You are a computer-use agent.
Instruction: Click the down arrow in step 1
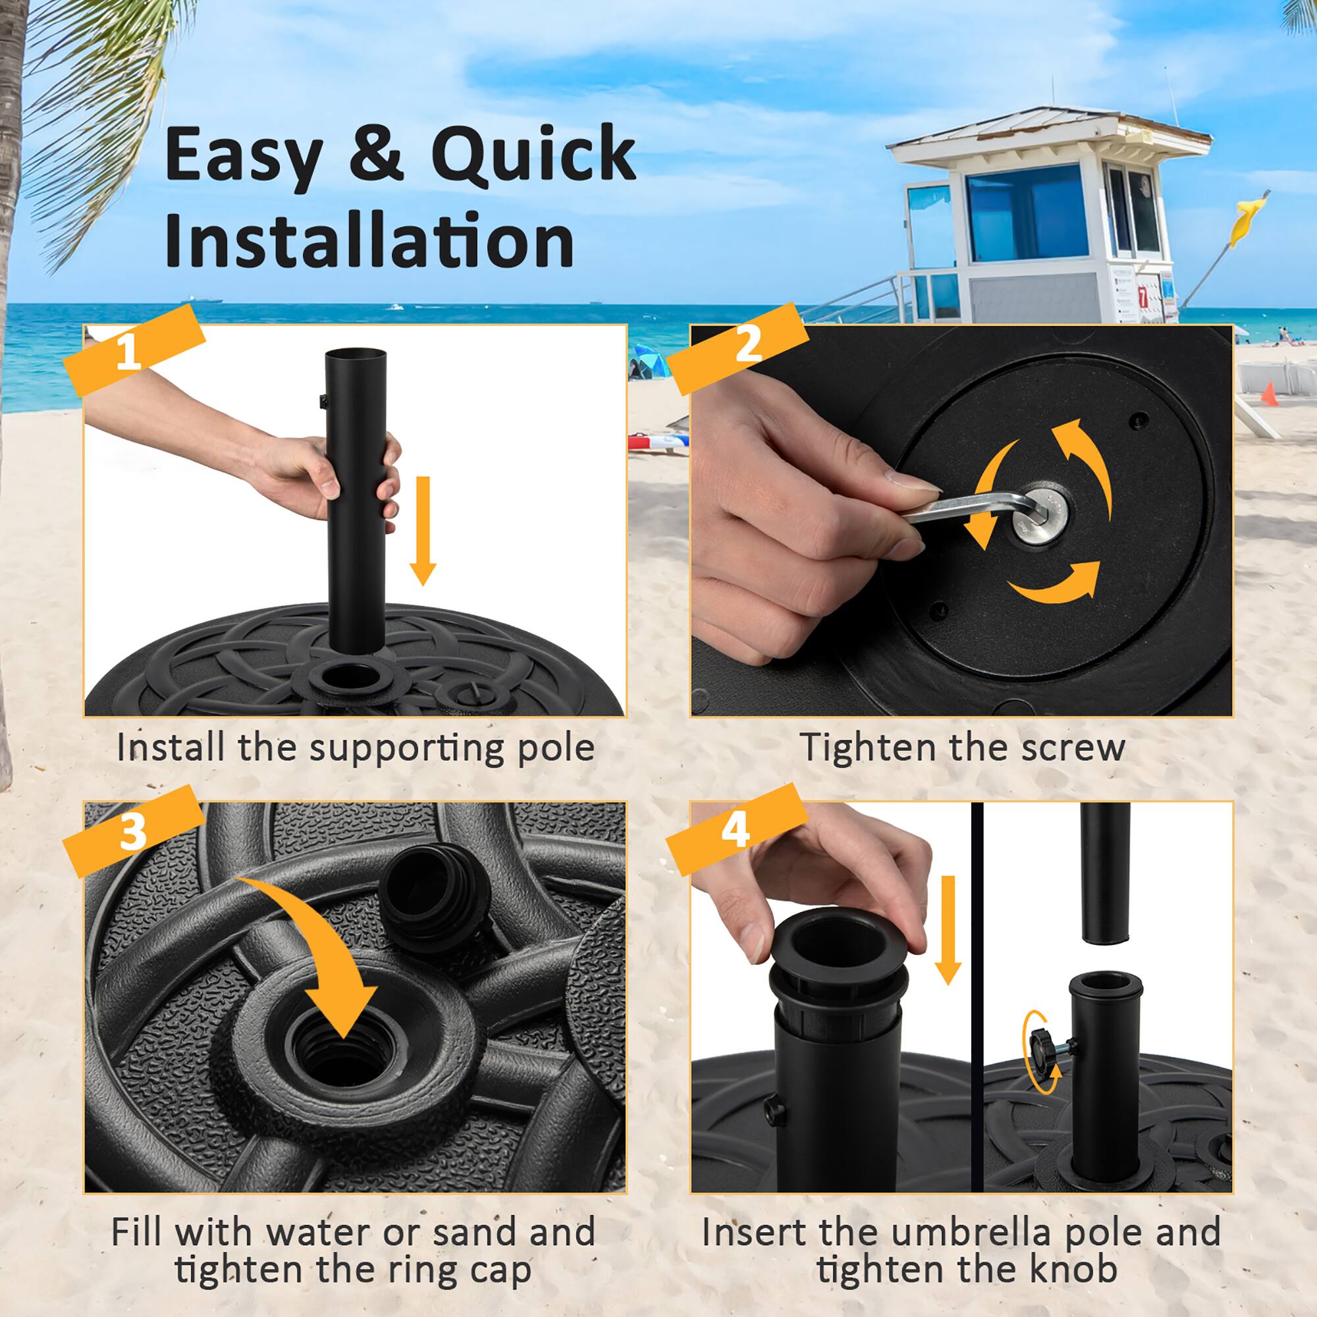point(423,529)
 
